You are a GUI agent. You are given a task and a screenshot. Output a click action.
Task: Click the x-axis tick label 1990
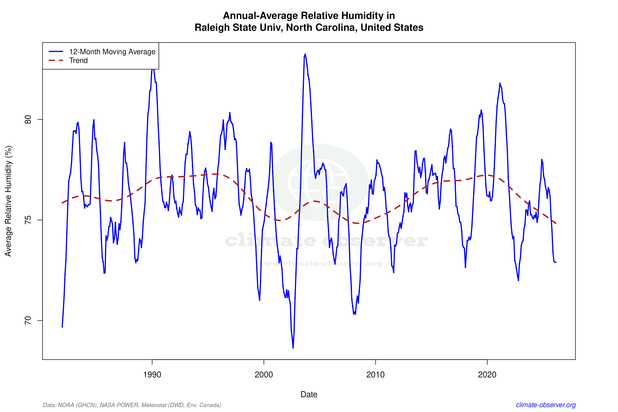[x=152, y=374]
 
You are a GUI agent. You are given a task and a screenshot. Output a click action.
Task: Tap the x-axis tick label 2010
[x=375, y=374]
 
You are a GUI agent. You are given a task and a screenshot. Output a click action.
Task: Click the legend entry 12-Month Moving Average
[x=112, y=52]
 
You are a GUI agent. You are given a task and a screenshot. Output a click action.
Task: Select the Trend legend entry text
[x=78, y=60]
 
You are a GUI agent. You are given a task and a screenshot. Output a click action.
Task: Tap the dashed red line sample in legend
[x=56, y=60]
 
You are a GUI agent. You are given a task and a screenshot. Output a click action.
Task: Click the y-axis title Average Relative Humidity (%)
[x=8, y=201]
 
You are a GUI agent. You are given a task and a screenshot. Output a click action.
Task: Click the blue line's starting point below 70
[x=62, y=327]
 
